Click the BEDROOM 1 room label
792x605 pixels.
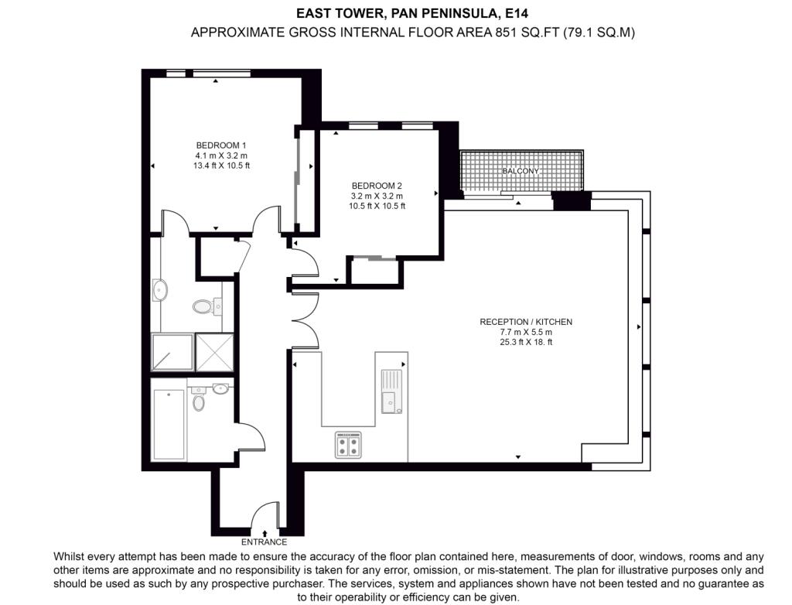click(x=220, y=145)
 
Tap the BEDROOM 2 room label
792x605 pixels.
click(x=377, y=186)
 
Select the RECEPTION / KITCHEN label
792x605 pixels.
click(x=525, y=322)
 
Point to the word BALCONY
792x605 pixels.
click(x=520, y=171)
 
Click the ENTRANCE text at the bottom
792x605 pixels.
click(x=264, y=542)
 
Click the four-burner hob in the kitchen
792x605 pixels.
click(x=348, y=446)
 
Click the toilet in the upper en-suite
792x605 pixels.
click(x=203, y=307)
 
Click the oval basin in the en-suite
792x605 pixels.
click(x=161, y=292)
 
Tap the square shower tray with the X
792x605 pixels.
click(x=213, y=352)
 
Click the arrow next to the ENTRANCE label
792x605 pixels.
click(x=265, y=532)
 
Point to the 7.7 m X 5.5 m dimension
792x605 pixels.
click(x=525, y=332)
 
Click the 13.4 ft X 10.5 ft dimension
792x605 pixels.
click(x=220, y=166)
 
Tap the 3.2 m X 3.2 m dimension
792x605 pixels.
click(x=377, y=196)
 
